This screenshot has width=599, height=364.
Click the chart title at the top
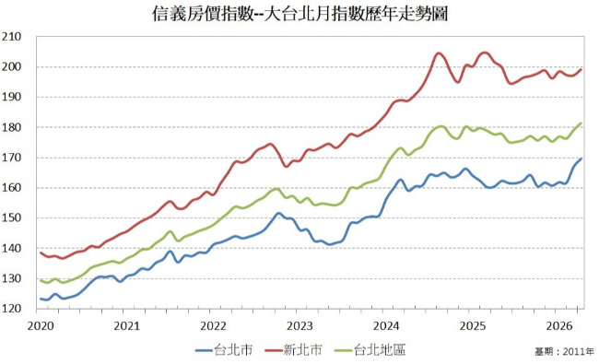click(299, 14)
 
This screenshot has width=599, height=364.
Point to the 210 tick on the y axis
click(11, 37)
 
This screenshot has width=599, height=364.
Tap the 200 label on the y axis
click(11, 67)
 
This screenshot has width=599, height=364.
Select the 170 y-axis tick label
click(11, 158)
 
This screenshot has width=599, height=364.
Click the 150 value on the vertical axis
click(11, 217)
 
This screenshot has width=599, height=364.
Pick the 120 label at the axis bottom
click(11, 309)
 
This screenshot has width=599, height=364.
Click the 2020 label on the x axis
click(41, 326)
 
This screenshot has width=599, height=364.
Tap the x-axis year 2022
click(214, 326)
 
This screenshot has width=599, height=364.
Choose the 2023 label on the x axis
click(299, 326)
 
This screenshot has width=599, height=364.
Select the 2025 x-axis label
click(473, 326)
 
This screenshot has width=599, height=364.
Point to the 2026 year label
click(559, 326)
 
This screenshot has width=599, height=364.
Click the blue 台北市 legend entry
click(224, 349)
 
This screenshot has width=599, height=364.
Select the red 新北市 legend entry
click(293, 349)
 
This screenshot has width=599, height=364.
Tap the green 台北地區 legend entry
click(370, 349)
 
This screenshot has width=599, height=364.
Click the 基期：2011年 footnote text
click(565, 351)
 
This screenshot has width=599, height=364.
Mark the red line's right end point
click(581, 69)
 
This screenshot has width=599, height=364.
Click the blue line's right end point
click(581, 159)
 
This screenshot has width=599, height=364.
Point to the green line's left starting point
click(41, 281)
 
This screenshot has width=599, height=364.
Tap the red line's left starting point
click(41, 252)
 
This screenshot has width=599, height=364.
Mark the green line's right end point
click(581, 123)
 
